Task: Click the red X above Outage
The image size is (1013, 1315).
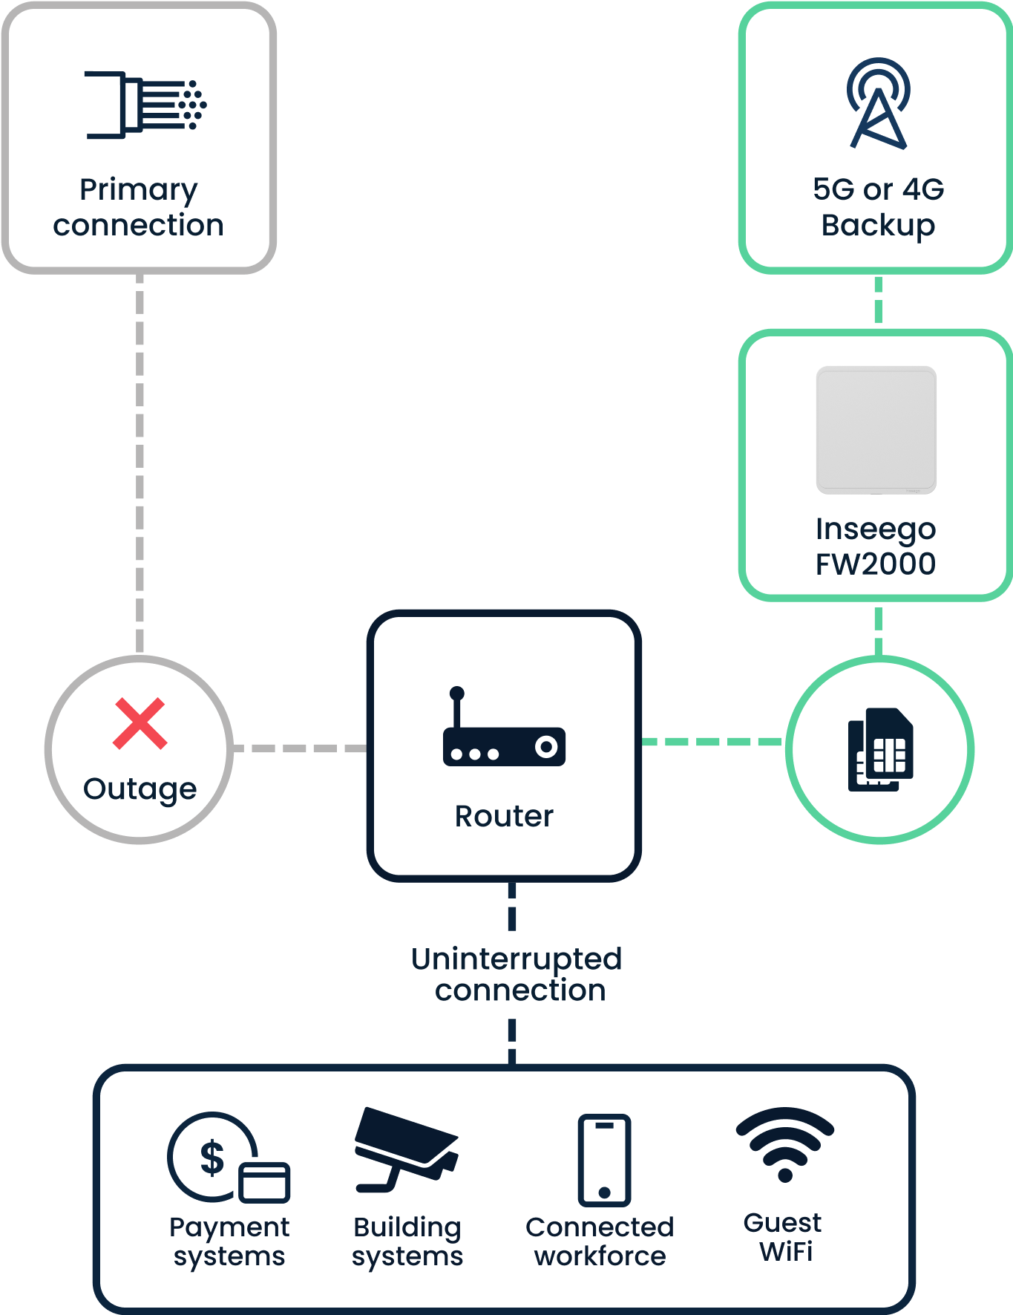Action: [140, 723]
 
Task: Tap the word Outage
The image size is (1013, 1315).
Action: [140, 789]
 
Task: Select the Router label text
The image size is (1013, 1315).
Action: [504, 816]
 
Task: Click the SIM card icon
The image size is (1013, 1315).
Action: [880, 749]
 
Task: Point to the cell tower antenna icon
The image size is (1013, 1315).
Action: [879, 104]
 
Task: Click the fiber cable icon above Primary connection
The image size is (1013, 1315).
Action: [145, 105]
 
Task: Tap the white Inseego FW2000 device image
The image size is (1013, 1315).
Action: [876, 430]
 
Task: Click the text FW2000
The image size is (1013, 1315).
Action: [876, 564]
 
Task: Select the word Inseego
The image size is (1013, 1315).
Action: [876, 529]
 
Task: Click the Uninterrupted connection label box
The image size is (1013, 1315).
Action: [517, 976]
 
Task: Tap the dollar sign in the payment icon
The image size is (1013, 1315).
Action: [212, 1157]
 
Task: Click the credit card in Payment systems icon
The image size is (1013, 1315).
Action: [264, 1182]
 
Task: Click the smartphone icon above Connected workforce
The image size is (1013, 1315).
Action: [604, 1160]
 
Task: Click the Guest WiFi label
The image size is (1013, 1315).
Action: [784, 1237]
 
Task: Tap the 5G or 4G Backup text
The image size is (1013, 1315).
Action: [879, 207]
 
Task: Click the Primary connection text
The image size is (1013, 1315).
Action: [139, 207]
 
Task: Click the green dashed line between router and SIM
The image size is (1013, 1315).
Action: [712, 742]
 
